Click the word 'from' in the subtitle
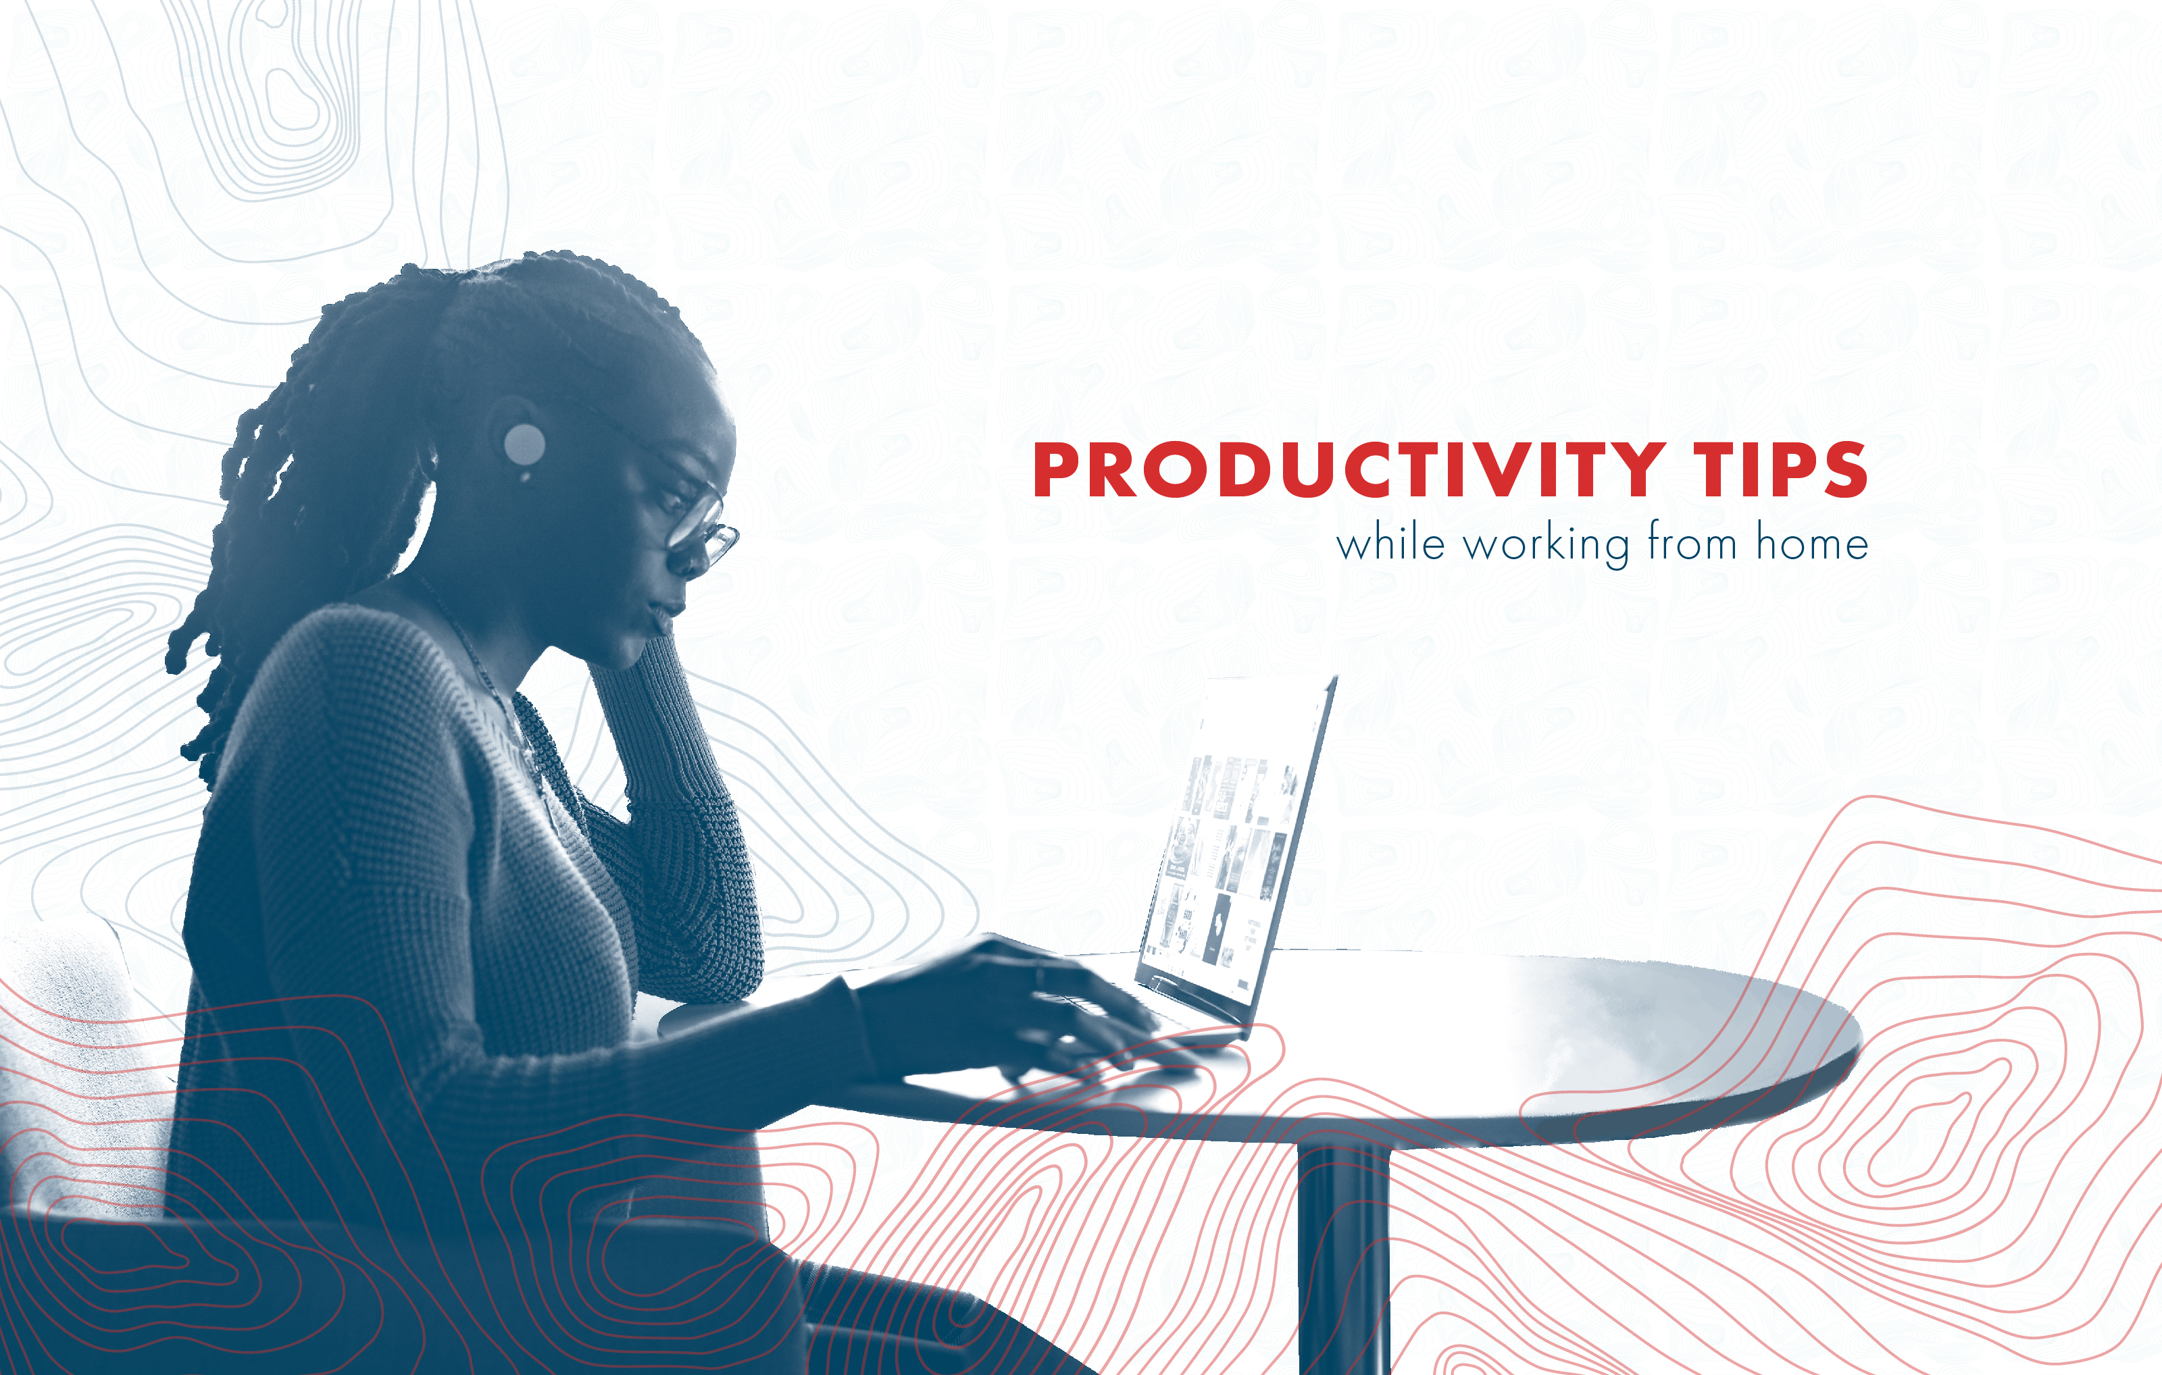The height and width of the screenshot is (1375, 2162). [1692, 543]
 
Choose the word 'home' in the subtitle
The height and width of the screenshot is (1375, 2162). [1812, 544]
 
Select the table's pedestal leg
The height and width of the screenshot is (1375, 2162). [1343, 1257]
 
